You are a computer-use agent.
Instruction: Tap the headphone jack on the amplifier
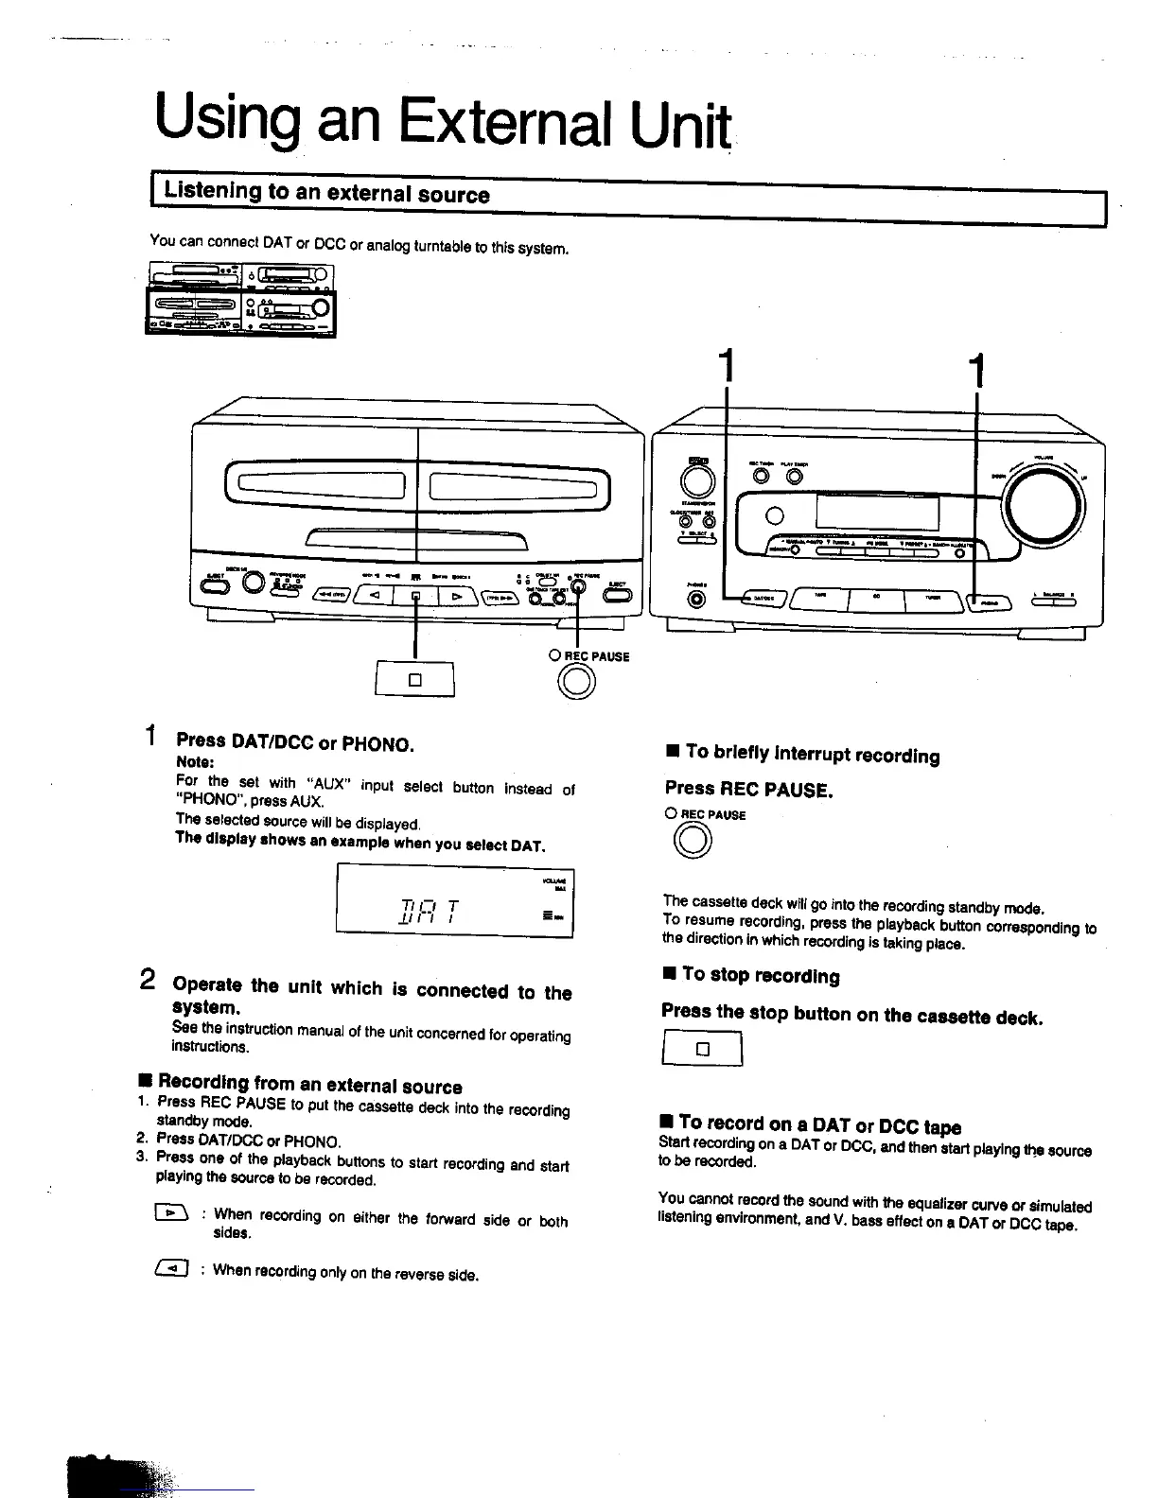tap(698, 599)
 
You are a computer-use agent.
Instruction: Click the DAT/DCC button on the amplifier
tap(761, 599)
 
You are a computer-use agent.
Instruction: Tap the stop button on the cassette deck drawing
tap(415, 597)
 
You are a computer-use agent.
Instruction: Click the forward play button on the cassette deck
tap(457, 597)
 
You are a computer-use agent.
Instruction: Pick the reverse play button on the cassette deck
tap(375, 596)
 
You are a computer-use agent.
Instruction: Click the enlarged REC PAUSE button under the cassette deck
tap(577, 682)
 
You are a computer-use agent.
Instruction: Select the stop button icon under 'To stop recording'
tap(702, 1049)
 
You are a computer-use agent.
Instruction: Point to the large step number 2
tap(149, 980)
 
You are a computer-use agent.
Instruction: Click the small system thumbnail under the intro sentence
tap(241, 300)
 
